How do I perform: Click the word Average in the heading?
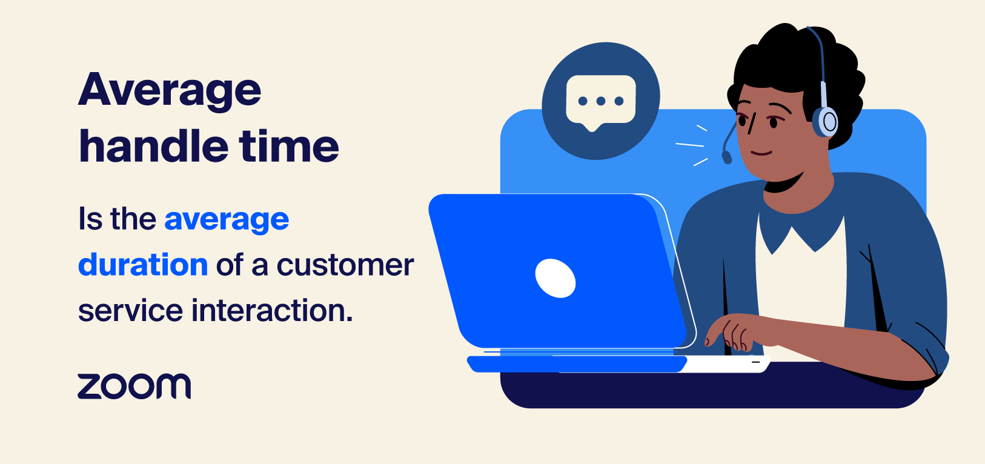point(170,91)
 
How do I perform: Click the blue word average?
point(227,220)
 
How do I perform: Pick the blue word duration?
point(143,265)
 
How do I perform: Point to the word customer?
point(345,265)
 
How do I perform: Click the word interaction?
point(272,310)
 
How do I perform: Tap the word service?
point(130,310)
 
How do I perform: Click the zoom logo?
point(134,386)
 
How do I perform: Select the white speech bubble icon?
point(600,101)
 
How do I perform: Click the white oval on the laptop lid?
point(555,278)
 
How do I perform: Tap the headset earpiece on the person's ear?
point(826,121)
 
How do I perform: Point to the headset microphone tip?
point(727,157)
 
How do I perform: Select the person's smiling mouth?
point(761,153)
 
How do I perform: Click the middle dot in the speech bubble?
point(600,101)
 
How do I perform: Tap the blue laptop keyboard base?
point(575,363)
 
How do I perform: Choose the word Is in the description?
point(91,219)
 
